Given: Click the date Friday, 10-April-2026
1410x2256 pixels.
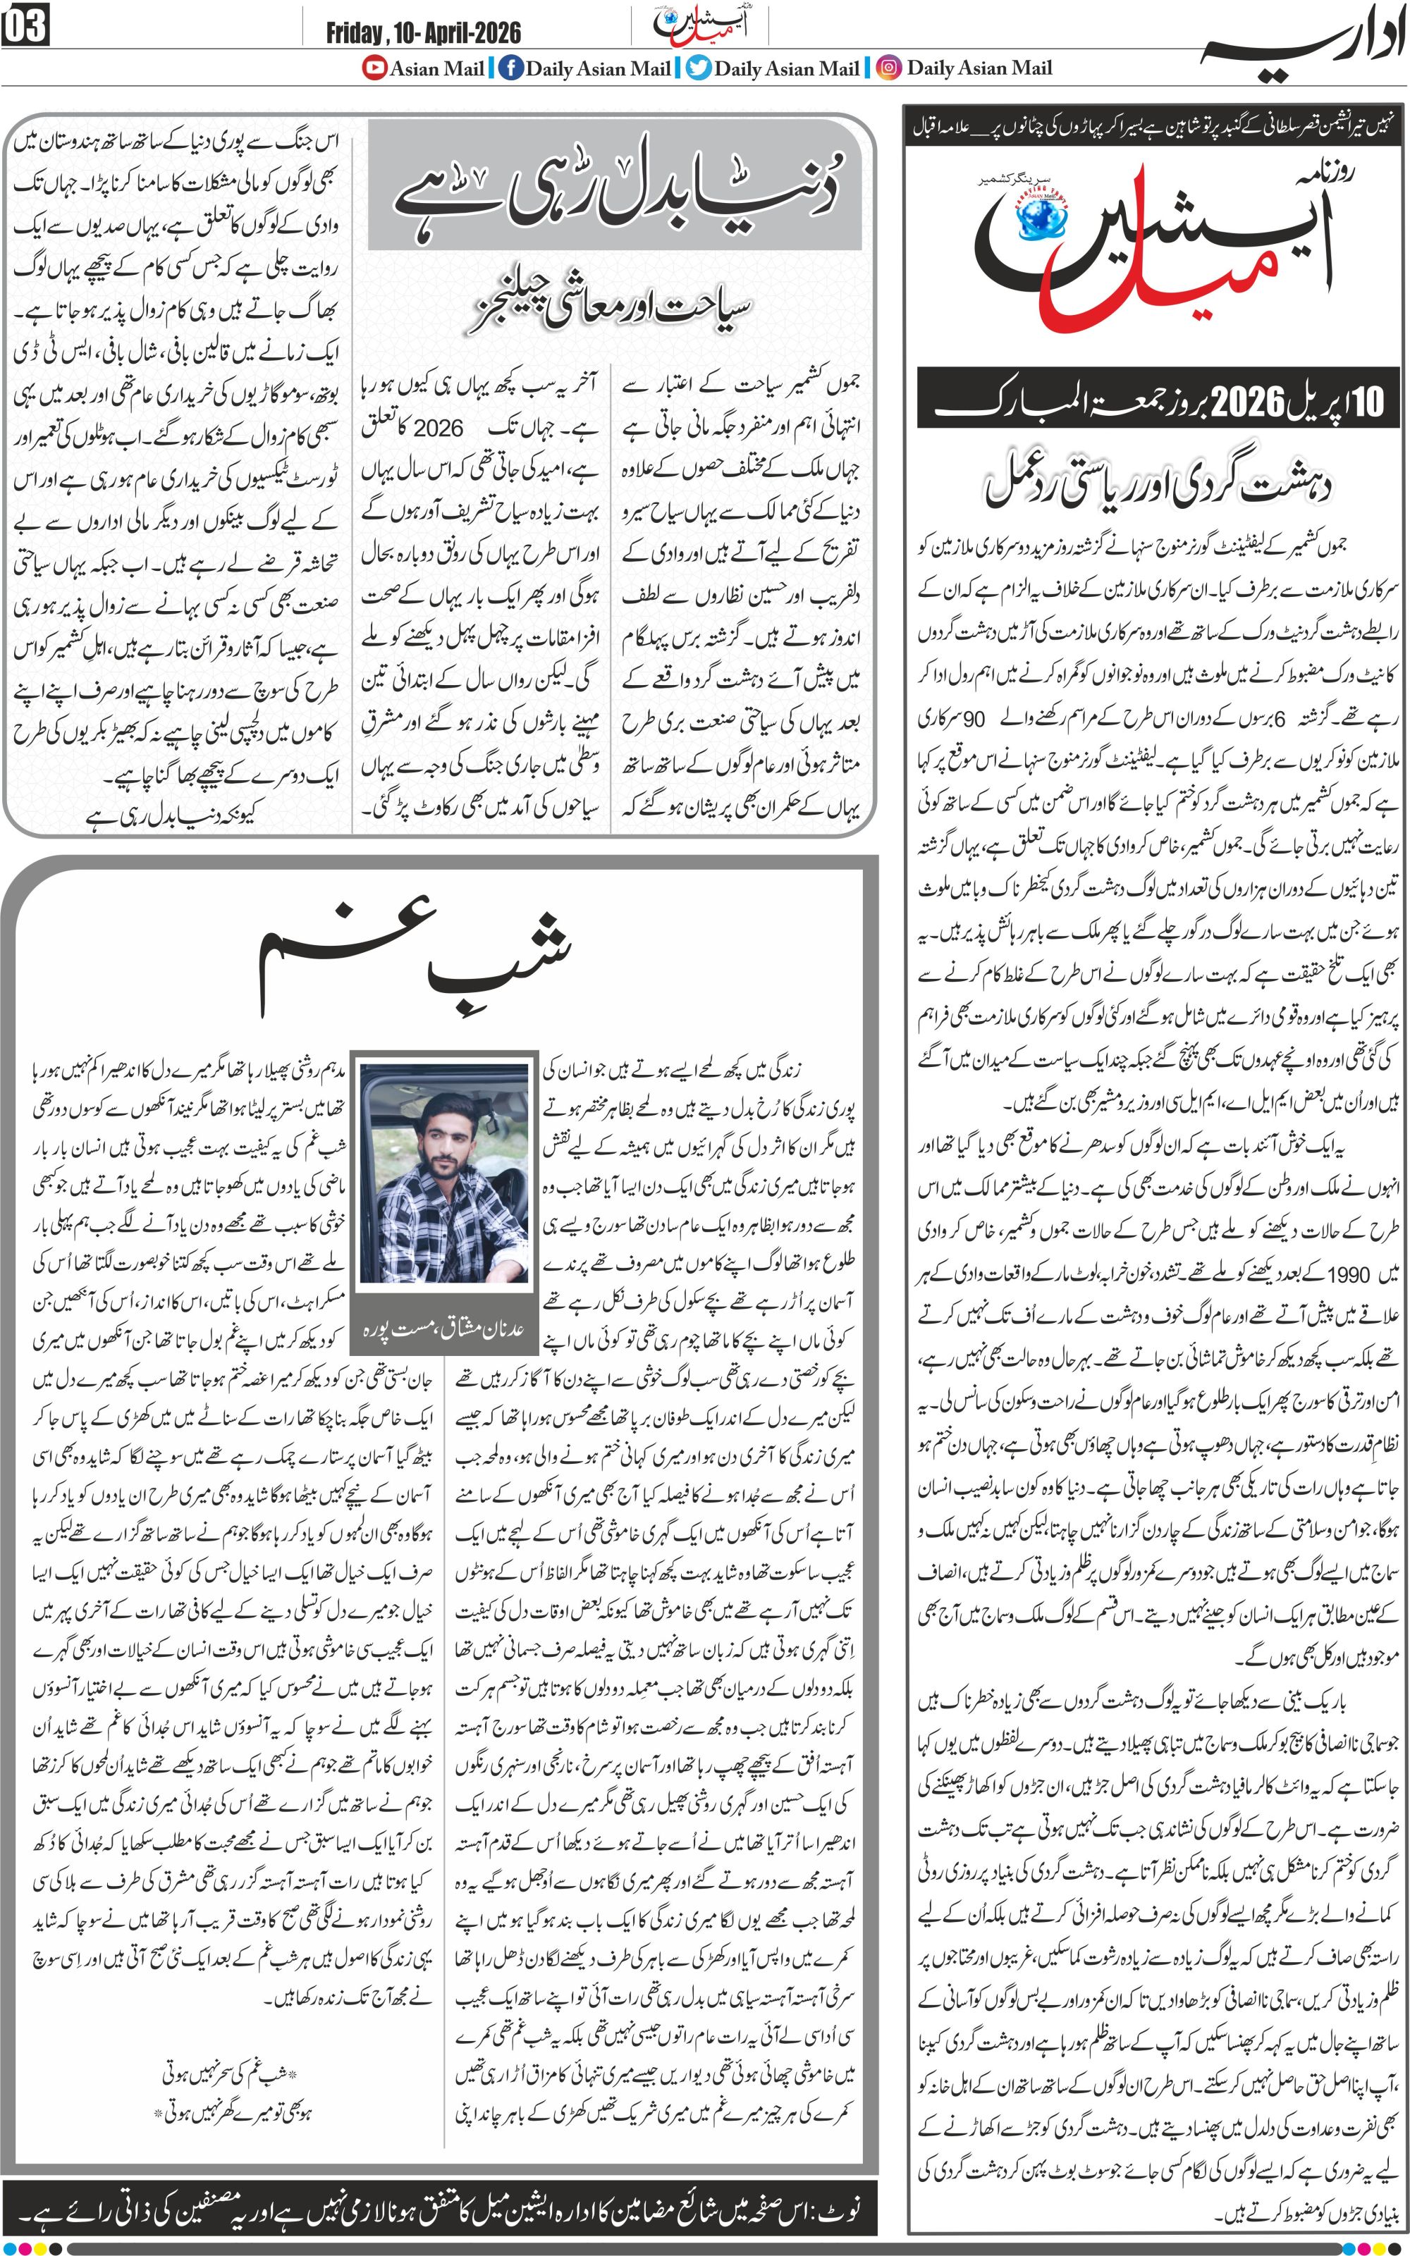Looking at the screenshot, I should (424, 35).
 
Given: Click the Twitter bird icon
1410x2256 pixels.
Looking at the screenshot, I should (699, 68).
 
